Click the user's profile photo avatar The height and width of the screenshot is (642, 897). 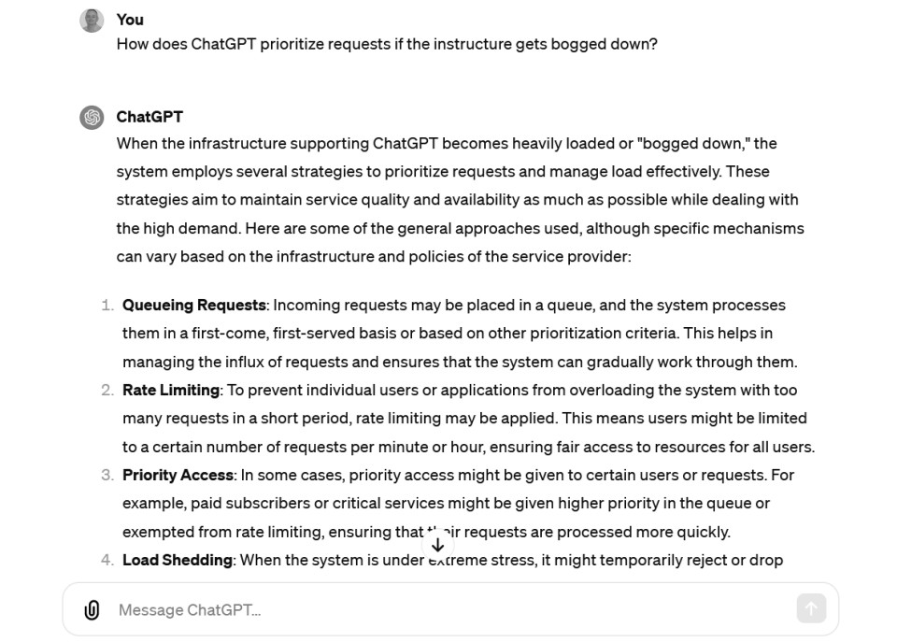92,21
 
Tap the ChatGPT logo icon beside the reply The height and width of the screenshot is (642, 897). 92,118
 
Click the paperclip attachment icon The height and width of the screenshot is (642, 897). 92,610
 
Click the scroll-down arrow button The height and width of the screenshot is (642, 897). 437,545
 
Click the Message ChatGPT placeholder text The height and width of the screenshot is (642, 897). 190,610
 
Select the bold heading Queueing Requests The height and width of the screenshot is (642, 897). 194,305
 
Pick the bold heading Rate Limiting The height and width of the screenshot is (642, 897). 171,390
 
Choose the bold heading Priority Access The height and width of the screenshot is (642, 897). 178,475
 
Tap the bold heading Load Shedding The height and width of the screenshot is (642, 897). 178,560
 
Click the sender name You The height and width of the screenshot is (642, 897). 130,20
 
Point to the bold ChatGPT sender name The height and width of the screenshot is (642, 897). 149,117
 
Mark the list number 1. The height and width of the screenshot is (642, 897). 107,305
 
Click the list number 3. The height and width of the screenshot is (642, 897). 107,475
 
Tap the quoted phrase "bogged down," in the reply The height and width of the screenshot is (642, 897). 693,143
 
